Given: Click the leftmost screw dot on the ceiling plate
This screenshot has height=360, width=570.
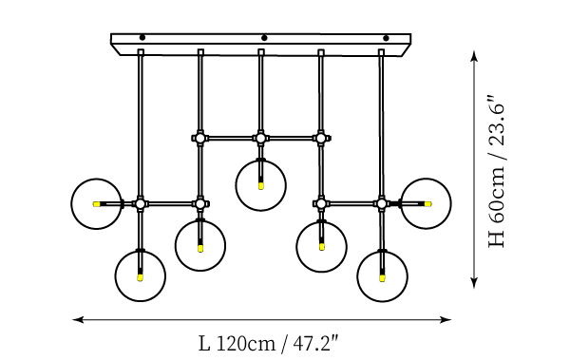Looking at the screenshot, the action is tap(142, 37).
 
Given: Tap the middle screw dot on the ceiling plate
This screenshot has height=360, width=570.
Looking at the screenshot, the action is tap(264, 38).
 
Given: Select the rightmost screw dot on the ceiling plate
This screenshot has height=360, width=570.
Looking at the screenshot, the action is tap(386, 38).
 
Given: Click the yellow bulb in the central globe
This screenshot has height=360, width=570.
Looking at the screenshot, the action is tap(260, 186).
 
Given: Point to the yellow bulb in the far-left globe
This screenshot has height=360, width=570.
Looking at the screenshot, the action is tap(96, 204).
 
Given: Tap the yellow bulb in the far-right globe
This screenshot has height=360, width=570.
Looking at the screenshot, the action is tap(427, 204).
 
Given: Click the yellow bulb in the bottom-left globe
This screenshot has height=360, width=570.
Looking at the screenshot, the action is tap(140, 277).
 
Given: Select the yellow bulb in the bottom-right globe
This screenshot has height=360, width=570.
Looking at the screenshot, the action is tap(382, 278).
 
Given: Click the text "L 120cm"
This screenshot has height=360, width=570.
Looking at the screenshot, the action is tap(237, 343).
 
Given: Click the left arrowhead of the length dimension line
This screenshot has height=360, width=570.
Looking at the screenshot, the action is tap(78, 320).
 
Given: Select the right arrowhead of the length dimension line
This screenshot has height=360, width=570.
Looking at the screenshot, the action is tap(446, 320).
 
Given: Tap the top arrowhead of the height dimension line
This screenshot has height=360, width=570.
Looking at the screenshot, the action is tap(474, 56).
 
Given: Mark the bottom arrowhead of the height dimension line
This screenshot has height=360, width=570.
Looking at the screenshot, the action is tap(474, 282).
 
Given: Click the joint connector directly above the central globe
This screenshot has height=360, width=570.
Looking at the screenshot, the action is tap(260, 138).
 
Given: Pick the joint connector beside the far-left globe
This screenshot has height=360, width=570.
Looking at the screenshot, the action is tap(141, 203).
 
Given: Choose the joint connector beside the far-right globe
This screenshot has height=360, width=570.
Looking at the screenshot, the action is tap(381, 203).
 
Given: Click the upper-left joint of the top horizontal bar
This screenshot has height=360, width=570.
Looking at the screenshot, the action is tap(199, 138).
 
